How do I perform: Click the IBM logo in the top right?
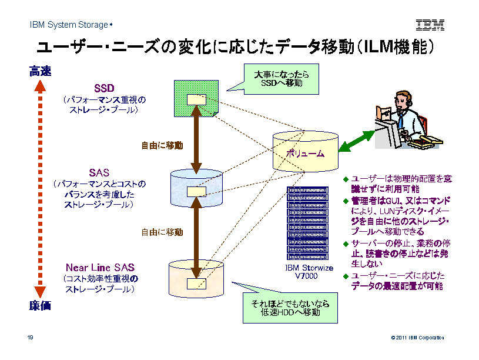click(x=430, y=25)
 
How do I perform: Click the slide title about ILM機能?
click(x=235, y=47)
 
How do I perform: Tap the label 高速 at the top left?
click(x=41, y=72)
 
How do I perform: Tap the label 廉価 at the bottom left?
click(x=41, y=305)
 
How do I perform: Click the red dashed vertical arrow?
click(x=39, y=188)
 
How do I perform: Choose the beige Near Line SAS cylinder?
click(x=196, y=279)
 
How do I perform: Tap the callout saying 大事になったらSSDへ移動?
click(x=281, y=79)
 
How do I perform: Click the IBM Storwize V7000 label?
click(x=309, y=272)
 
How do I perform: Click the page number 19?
click(x=29, y=337)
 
